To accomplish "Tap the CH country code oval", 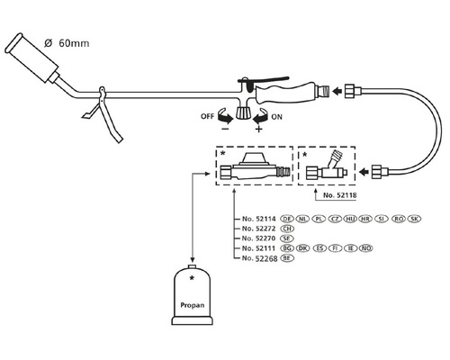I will [288, 229].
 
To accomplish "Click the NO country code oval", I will [366, 248].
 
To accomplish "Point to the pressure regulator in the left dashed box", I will [256, 167].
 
